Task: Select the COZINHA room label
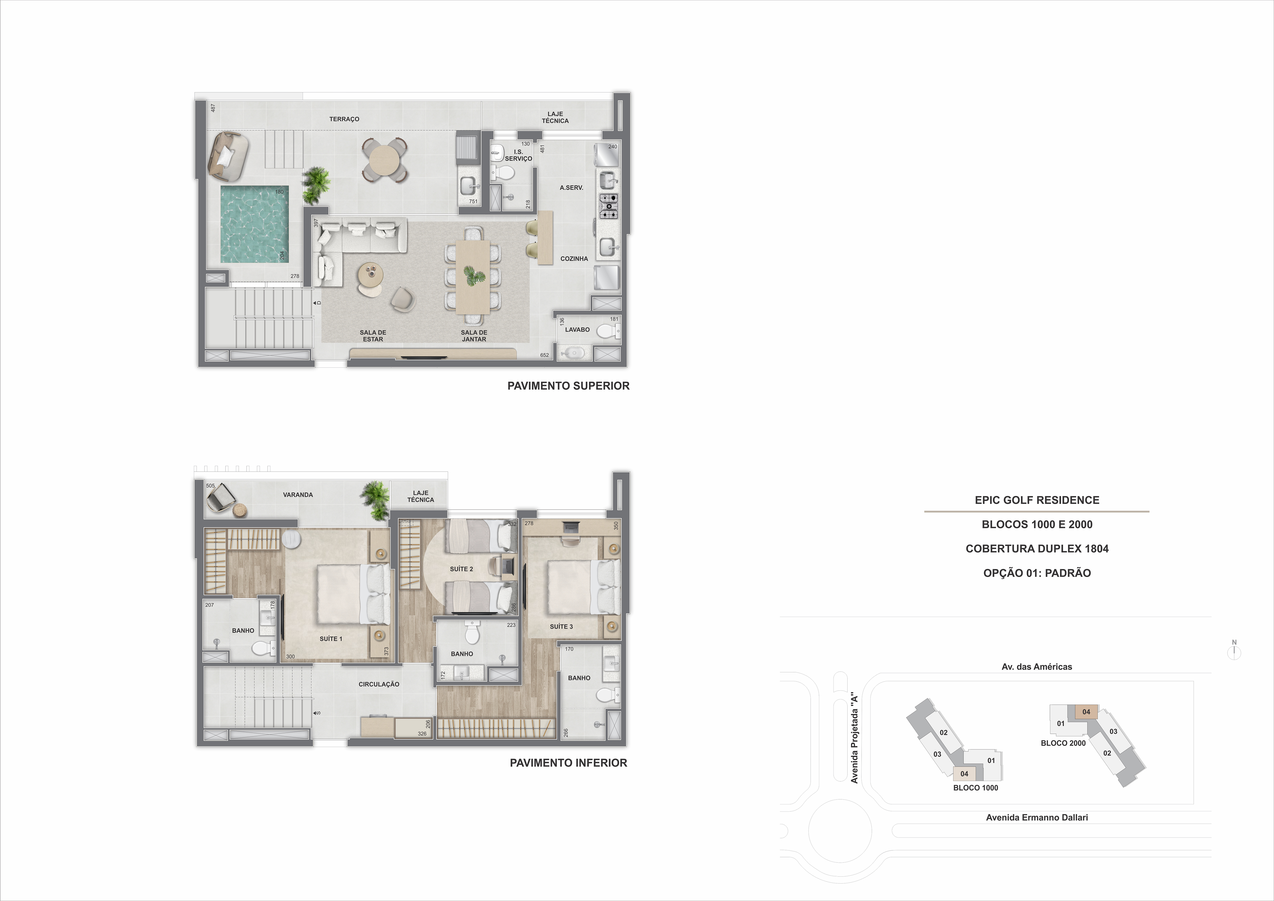pos(574,259)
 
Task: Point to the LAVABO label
pos(577,330)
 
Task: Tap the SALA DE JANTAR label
pos(474,336)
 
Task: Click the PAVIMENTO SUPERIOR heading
pos(568,386)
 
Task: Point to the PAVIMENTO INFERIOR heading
pos(568,763)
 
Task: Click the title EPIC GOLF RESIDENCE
pos(1036,500)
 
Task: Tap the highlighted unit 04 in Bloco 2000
pos(1086,712)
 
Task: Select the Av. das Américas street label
pos(1036,667)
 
